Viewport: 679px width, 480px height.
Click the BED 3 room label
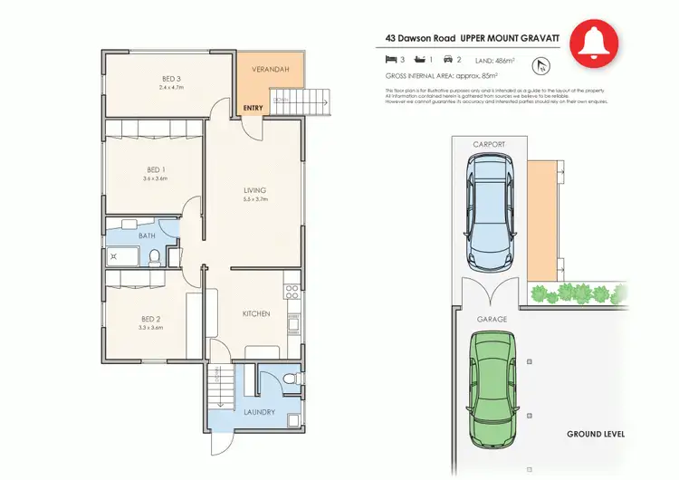click(x=170, y=79)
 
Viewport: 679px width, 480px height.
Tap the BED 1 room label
click(x=156, y=169)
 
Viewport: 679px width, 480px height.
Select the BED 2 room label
click(x=151, y=319)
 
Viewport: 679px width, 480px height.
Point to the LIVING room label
click(x=255, y=189)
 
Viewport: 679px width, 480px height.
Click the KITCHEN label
click(x=255, y=313)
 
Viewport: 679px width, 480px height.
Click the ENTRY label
click(x=253, y=109)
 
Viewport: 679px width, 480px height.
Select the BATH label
click(x=147, y=236)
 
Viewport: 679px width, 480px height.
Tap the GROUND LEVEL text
click(x=596, y=435)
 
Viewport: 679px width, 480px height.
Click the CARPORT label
click(x=489, y=144)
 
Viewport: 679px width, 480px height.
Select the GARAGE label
click(x=492, y=319)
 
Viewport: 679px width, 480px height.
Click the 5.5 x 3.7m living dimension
click(x=255, y=198)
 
